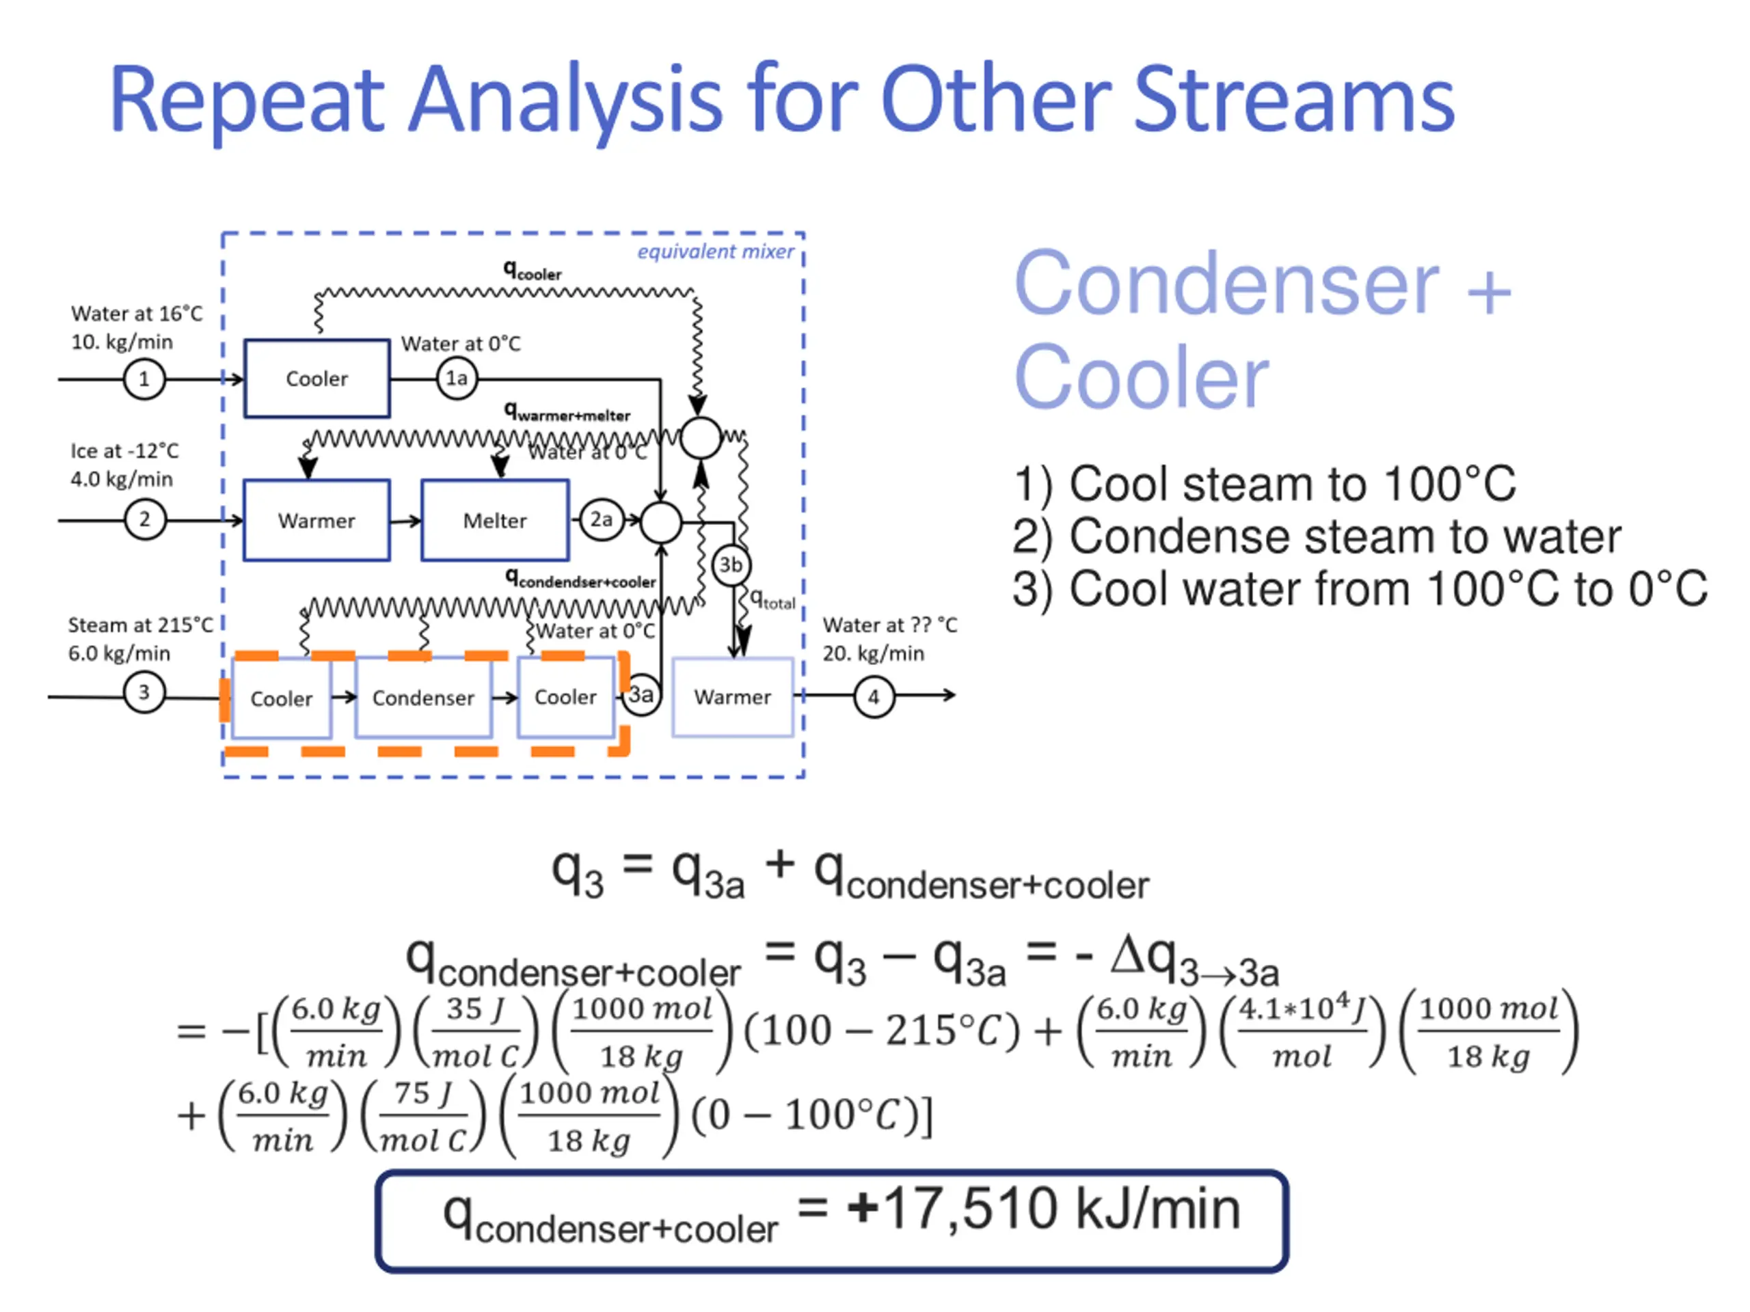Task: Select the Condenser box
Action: pyautogui.click(x=423, y=698)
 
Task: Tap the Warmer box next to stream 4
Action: pyautogui.click(x=732, y=697)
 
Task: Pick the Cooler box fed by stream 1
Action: pyautogui.click(x=317, y=378)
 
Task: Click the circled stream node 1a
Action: pyautogui.click(x=457, y=378)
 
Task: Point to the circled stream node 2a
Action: pyautogui.click(x=602, y=519)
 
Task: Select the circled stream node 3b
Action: pyautogui.click(x=730, y=564)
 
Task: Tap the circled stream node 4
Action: pyautogui.click(x=874, y=697)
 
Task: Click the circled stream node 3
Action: pyautogui.click(x=144, y=693)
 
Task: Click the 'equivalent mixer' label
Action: pyautogui.click(x=715, y=251)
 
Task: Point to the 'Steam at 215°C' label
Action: pyautogui.click(x=140, y=625)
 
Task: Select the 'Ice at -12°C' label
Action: pyautogui.click(x=124, y=451)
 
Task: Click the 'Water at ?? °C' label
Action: pyautogui.click(x=889, y=625)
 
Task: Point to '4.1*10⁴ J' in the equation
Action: pyautogui.click(x=1302, y=1009)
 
